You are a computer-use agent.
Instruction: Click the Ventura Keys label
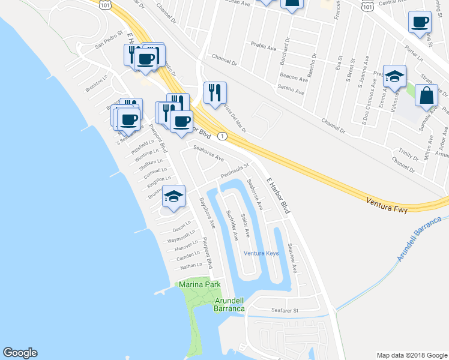click(261, 253)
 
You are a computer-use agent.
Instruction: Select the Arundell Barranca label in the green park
click(229, 304)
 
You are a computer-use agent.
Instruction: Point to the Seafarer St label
click(285, 310)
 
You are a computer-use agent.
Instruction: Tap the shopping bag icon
click(426, 96)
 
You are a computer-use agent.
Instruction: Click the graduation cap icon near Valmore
click(394, 76)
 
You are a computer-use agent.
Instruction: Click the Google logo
click(20, 353)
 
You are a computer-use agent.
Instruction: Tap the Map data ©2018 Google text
click(411, 355)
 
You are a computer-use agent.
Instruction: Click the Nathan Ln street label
click(191, 265)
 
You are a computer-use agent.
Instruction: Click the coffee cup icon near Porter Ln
click(419, 22)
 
